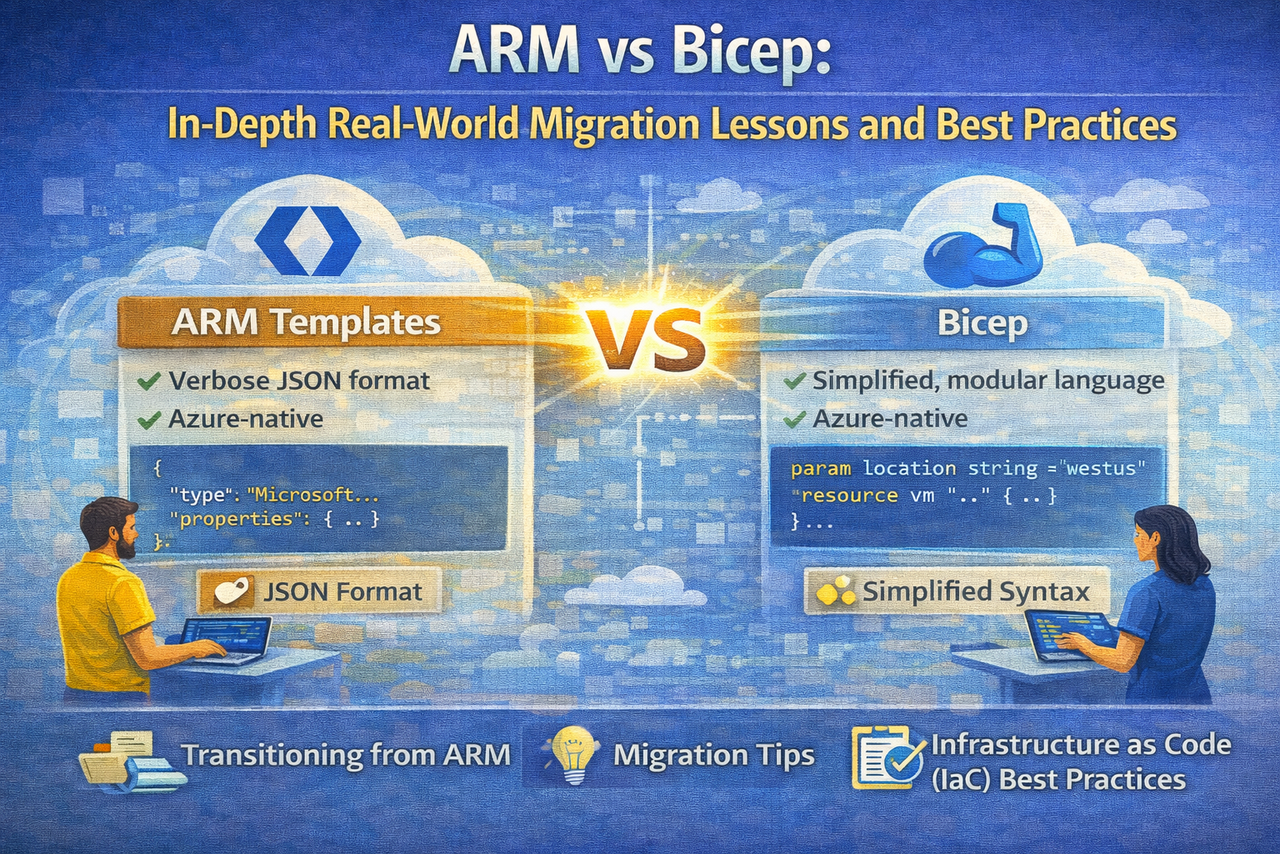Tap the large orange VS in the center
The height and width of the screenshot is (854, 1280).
(644, 340)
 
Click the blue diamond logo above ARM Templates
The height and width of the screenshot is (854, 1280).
(307, 241)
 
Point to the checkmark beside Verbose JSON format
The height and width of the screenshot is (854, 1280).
(148, 381)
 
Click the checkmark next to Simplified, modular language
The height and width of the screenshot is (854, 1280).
(794, 380)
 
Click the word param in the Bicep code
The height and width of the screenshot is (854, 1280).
(821, 470)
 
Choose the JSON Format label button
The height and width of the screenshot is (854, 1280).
(319, 591)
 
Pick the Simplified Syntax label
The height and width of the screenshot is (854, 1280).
(957, 591)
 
